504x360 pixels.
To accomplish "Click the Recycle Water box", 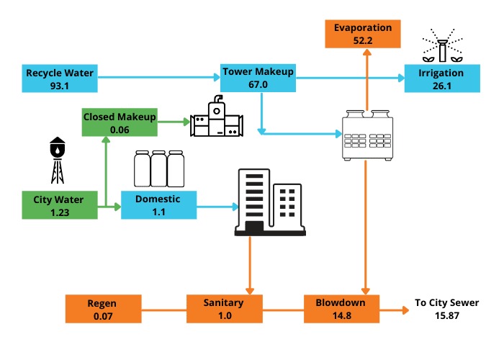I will pyautogui.click(x=60, y=78).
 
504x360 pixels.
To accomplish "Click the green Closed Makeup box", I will pyautogui.click(x=119, y=122).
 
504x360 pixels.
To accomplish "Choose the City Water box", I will pyautogui.click(x=60, y=204).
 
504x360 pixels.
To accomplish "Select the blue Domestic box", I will pyautogui.click(x=158, y=204).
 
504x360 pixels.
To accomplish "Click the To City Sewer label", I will pyautogui.click(x=447, y=303).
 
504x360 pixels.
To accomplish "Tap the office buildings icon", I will pyautogui.click(x=269, y=201).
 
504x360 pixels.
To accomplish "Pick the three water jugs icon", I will pyautogui.click(x=158, y=168).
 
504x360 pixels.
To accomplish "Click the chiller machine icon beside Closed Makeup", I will pyautogui.click(x=217, y=120).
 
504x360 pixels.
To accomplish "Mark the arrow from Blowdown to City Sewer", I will pyautogui.click(x=393, y=310).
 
